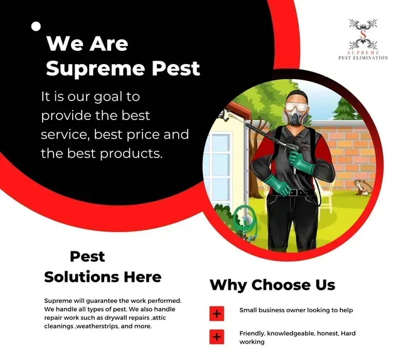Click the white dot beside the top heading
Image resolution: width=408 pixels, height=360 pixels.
[x=36, y=26]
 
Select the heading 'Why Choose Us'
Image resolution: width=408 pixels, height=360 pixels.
[x=272, y=285]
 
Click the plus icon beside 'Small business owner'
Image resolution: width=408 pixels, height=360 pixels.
[x=217, y=313]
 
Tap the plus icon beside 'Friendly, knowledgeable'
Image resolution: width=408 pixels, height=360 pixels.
[x=217, y=337]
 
